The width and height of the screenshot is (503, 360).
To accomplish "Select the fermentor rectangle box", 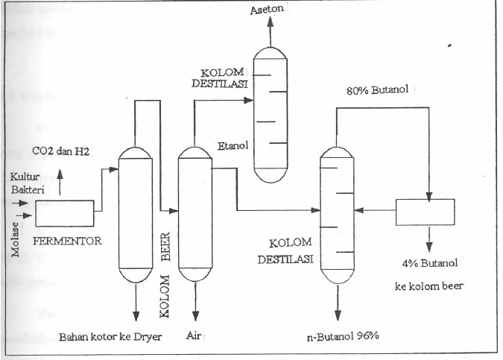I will (x=64, y=213).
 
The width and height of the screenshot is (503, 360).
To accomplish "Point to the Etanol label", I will (x=233, y=147).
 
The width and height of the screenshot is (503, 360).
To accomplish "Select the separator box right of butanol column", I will (x=425, y=212).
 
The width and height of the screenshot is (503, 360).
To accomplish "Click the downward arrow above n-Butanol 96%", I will (x=338, y=309).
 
